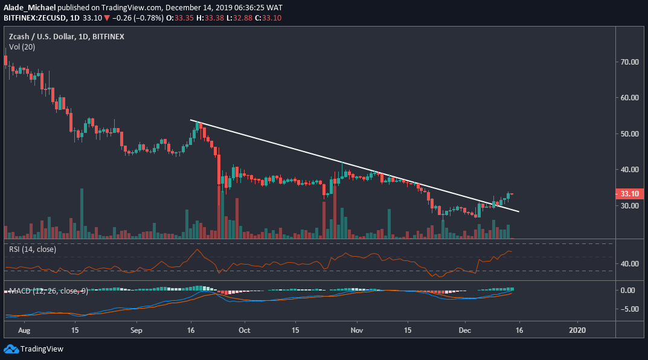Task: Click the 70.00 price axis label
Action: point(629,62)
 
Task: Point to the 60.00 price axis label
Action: point(629,97)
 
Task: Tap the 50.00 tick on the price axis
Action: point(629,133)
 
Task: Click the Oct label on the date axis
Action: point(245,330)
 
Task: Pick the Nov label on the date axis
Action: point(356,330)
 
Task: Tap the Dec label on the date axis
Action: point(464,330)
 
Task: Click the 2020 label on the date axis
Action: point(579,330)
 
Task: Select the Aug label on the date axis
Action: point(25,330)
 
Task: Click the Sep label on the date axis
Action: point(136,330)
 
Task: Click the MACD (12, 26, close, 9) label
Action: point(48,291)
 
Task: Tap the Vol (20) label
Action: point(21,47)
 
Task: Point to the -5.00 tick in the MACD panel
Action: point(628,309)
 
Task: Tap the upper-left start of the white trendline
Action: point(191,120)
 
